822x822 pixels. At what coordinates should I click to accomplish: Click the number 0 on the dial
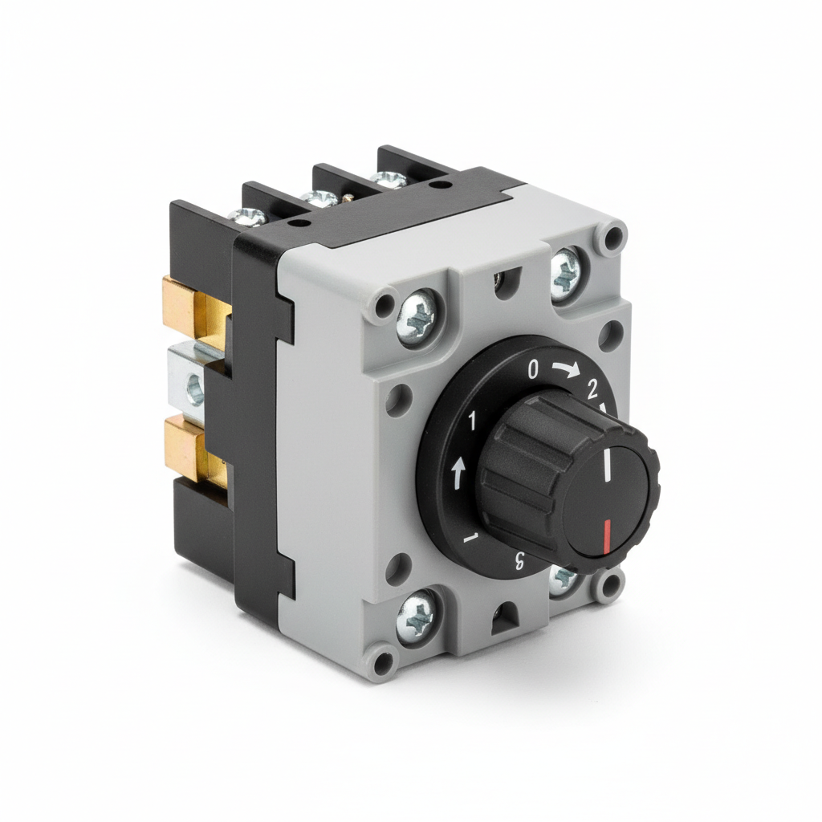[533, 370]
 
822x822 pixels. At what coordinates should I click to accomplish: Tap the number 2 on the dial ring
[593, 389]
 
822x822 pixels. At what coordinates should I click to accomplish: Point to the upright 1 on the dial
[472, 420]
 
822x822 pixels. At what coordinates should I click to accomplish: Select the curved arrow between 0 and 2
[565, 370]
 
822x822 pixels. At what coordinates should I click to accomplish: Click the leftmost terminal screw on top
[249, 215]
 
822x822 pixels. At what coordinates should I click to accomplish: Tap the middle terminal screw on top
[319, 197]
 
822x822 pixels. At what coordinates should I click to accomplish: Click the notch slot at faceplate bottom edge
[505, 617]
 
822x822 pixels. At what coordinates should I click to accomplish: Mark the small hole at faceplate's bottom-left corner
[385, 662]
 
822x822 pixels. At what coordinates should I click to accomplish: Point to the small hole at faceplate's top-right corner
[612, 236]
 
